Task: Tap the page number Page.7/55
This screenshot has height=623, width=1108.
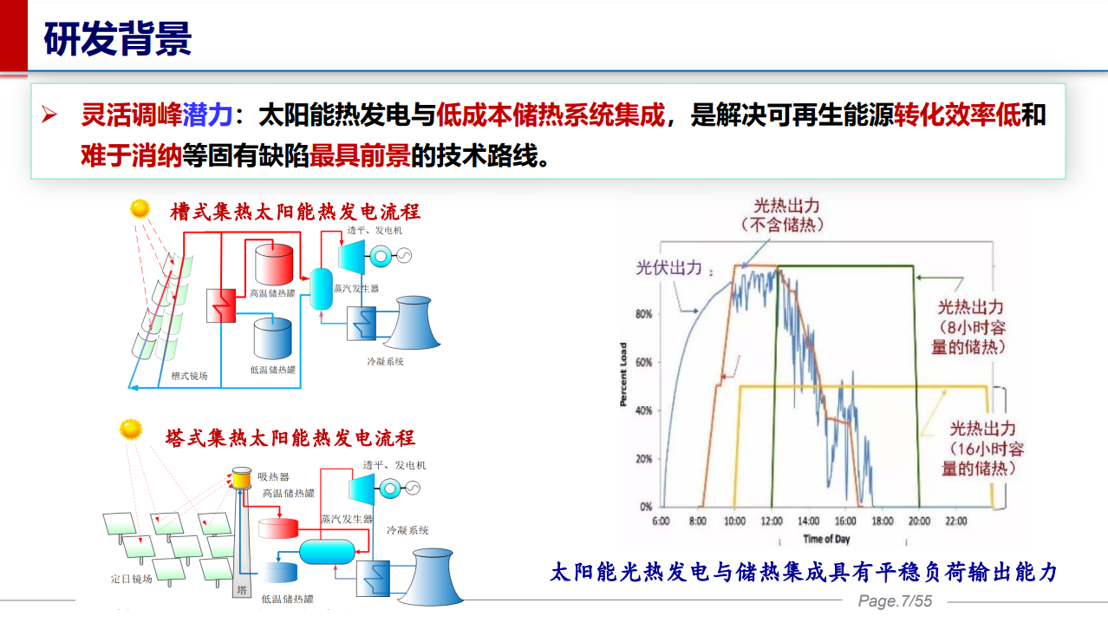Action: (894, 601)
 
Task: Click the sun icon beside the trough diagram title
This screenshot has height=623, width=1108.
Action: (140, 209)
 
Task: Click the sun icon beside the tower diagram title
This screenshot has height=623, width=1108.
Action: (131, 430)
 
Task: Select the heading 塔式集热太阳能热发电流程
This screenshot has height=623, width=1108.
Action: (290, 437)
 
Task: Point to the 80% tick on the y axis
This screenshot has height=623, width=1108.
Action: (643, 314)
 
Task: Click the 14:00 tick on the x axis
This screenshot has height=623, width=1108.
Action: (808, 521)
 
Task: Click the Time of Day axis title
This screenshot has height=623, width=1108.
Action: (826, 539)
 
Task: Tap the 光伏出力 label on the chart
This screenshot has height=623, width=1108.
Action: (668, 268)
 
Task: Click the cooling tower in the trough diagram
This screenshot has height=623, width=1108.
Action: (412, 324)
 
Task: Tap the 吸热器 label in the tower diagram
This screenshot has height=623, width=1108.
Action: (273, 476)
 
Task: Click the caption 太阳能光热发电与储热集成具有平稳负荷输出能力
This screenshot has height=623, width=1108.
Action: (804, 572)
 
